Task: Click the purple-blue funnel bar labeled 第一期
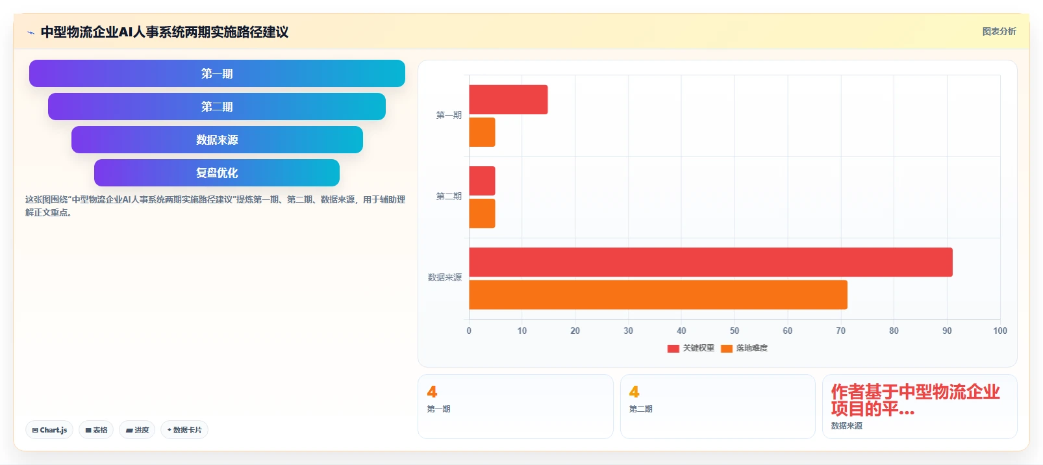(x=217, y=73)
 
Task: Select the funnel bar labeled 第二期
(x=217, y=107)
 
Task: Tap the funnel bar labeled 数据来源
(x=217, y=140)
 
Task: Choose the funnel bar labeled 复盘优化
(x=217, y=173)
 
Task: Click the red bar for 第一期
(x=508, y=99)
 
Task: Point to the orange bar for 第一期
(x=482, y=132)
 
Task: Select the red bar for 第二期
(x=482, y=181)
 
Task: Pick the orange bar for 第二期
(x=482, y=214)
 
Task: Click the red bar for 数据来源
(x=710, y=262)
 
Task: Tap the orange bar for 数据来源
(x=658, y=295)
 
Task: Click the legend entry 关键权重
(x=690, y=348)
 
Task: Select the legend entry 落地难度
(x=744, y=348)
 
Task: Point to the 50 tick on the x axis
(x=735, y=331)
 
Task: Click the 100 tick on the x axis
(x=999, y=331)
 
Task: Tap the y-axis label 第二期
(x=449, y=196)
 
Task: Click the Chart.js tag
(x=49, y=430)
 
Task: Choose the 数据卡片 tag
(x=184, y=430)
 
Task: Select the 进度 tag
(x=138, y=430)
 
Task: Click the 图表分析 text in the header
(x=999, y=32)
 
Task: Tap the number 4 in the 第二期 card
(x=635, y=392)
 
